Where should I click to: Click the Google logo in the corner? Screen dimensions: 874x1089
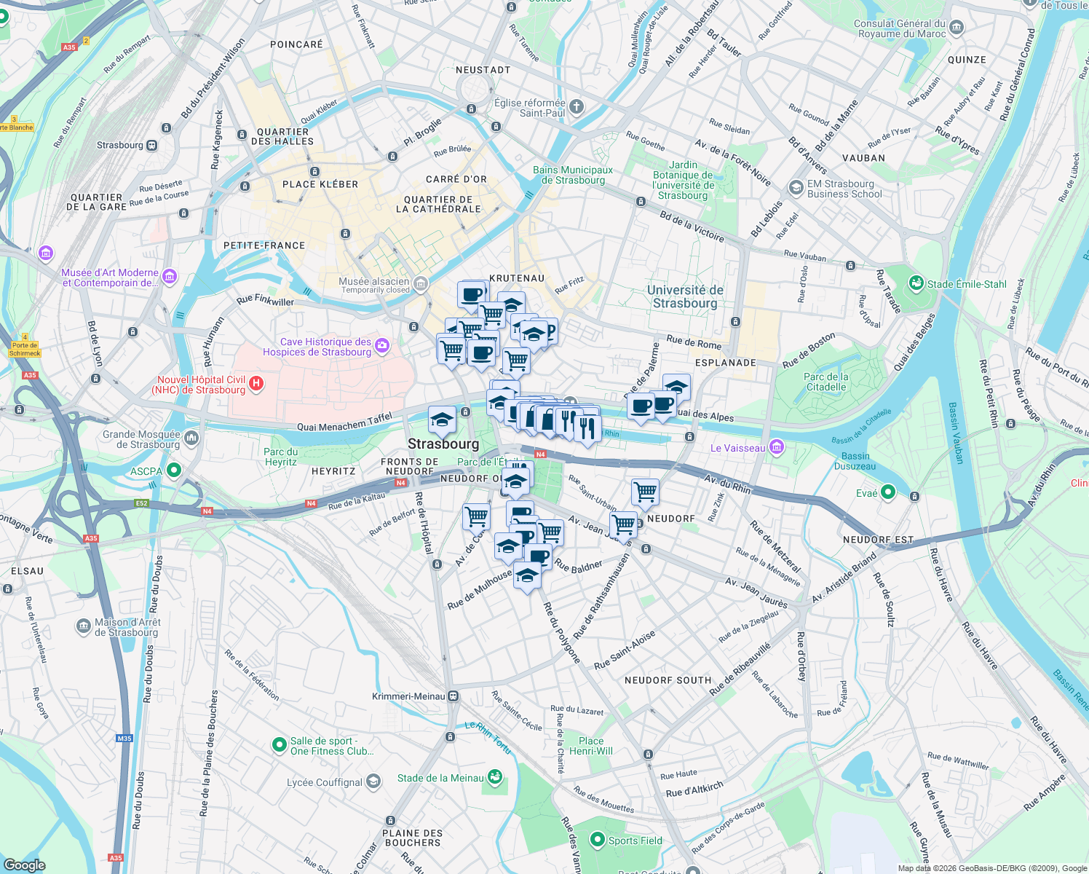coord(24,865)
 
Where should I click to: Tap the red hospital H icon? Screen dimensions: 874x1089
coord(256,384)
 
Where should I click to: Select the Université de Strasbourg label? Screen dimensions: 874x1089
coord(685,296)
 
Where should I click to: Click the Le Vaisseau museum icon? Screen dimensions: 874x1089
coord(777,447)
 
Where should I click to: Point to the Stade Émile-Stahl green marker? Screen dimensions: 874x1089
coord(916,283)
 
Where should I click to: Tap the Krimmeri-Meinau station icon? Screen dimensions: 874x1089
coord(454,696)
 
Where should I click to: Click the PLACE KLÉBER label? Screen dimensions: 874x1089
coord(320,184)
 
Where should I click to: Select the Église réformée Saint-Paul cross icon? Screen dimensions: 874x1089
coord(576,107)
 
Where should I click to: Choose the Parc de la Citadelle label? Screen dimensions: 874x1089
coord(825,382)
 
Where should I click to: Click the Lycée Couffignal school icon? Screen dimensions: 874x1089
coord(373,782)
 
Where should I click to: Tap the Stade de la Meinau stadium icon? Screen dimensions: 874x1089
coord(495,777)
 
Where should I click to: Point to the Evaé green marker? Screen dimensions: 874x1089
coord(887,493)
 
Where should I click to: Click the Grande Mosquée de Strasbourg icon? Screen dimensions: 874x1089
coord(191,438)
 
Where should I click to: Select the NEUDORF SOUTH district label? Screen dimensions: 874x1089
coord(668,680)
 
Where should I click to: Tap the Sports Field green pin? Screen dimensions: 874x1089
coord(597,840)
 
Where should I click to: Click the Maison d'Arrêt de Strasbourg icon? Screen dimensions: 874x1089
coord(83,626)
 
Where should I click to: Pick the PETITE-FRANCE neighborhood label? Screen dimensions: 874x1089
coord(264,245)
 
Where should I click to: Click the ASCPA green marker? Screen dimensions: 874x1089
coord(173,471)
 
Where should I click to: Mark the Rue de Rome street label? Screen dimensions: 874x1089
coord(694,342)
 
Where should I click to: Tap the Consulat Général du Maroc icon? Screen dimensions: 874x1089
coord(957,28)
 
